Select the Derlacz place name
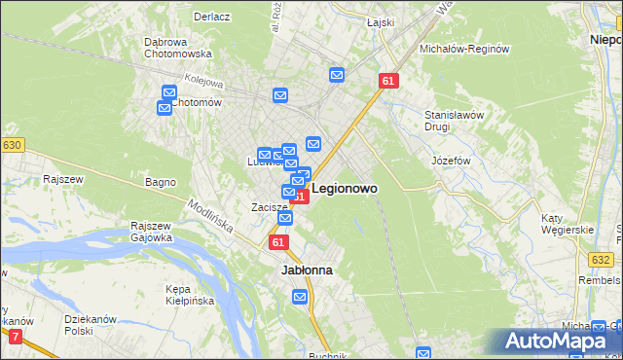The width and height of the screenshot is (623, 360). click(x=210, y=17)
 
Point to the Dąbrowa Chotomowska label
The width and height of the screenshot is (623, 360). click(x=178, y=49)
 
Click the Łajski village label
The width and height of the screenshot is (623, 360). click(x=380, y=22)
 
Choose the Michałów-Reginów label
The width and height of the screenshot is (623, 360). click(x=464, y=49)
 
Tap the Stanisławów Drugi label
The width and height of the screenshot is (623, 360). click(x=454, y=121)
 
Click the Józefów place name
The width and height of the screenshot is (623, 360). click(x=451, y=160)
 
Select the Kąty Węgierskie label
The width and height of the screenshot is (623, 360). click(x=571, y=224)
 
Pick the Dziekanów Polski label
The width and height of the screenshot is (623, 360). click(x=90, y=325)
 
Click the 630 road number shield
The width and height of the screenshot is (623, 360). click(x=12, y=145)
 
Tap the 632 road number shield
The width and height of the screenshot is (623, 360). click(x=602, y=260)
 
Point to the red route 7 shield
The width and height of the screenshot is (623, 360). click(x=15, y=337)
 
